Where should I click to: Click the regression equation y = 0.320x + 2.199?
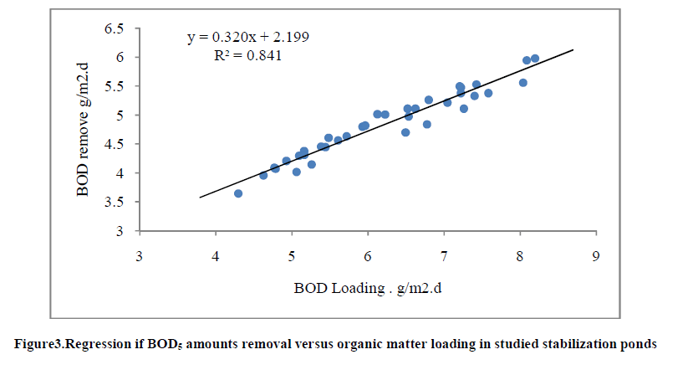pyautogui.click(x=248, y=38)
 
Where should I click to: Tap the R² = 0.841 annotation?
pyautogui.click(x=248, y=56)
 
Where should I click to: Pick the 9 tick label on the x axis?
pyautogui.click(x=596, y=255)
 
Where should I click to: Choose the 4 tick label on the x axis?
pyautogui.click(x=216, y=255)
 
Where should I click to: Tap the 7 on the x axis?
pyautogui.click(x=444, y=255)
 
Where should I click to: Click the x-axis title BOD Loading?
pyautogui.click(x=365, y=290)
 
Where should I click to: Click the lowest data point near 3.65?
pyautogui.click(x=238, y=193)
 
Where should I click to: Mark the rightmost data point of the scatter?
pyautogui.click(x=535, y=59)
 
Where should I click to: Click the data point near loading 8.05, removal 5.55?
pyautogui.click(x=523, y=83)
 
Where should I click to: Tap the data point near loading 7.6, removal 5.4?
pyautogui.click(x=488, y=93)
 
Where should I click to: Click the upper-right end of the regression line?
pyautogui.click(x=573, y=49)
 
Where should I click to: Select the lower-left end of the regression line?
pyautogui.click(x=200, y=198)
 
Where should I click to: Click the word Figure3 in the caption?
pyautogui.click(x=38, y=343)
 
